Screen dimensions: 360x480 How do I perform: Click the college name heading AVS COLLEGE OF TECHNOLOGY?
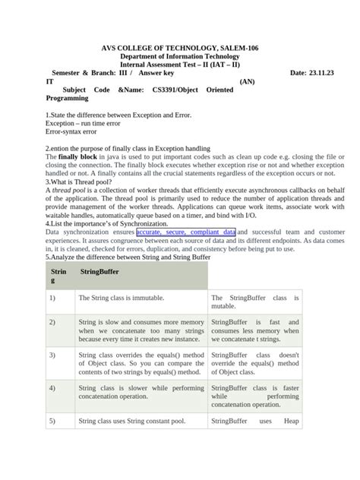(180, 48)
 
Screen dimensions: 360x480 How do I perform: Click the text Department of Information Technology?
(180, 56)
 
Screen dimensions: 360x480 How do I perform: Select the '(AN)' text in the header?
(248, 81)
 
